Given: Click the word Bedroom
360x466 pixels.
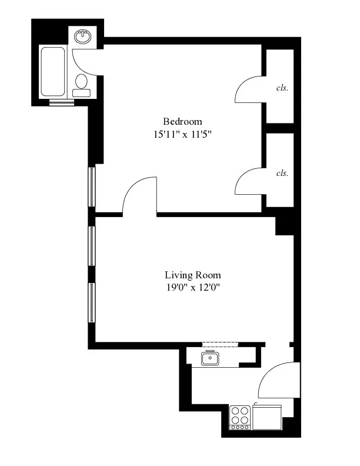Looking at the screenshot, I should click(178, 121).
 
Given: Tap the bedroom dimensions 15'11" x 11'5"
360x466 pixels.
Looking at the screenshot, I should click(182, 134).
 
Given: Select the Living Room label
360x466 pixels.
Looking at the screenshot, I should click(192, 275).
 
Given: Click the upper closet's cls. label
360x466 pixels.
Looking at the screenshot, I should click(282, 88).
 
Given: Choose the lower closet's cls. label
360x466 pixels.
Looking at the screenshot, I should click(282, 173).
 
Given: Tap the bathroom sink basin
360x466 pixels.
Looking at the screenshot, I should click(84, 37).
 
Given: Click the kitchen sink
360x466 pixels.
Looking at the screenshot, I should click(210, 358).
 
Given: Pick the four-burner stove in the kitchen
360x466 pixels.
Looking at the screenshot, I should click(239, 417).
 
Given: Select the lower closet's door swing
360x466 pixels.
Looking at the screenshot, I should click(249, 179).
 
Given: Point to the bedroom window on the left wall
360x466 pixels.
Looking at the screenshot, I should click(92, 187).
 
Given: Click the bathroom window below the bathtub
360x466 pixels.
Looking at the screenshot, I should click(62, 102).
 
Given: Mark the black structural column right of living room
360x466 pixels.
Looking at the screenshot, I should click(285, 225).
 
